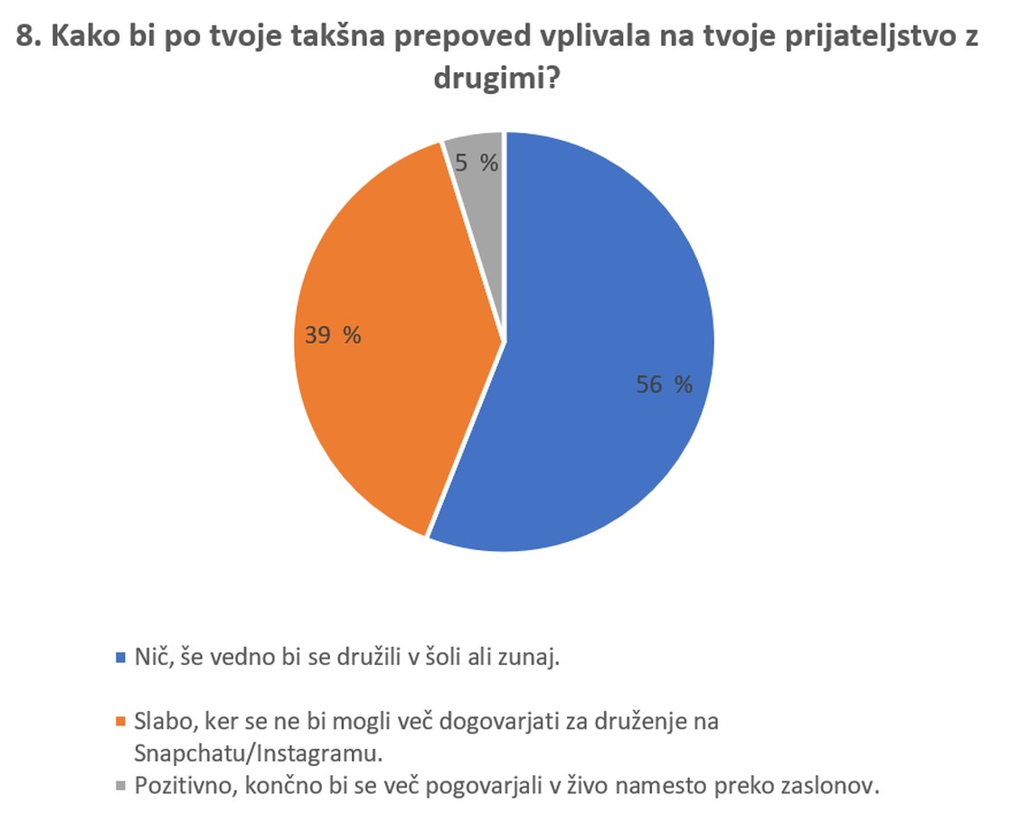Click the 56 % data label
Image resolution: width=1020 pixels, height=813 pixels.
[x=664, y=385]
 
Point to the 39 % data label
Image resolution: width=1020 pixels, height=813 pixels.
[x=332, y=336]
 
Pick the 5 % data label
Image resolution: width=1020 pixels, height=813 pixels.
[x=477, y=164]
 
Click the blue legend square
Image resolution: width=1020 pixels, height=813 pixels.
[x=121, y=658]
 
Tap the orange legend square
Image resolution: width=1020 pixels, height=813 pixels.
[x=121, y=722]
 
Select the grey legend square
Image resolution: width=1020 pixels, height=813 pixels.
[x=121, y=786]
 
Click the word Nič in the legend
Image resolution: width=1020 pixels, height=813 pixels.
[x=151, y=657]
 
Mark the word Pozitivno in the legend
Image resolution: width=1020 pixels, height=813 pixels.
[x=181, y=785]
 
